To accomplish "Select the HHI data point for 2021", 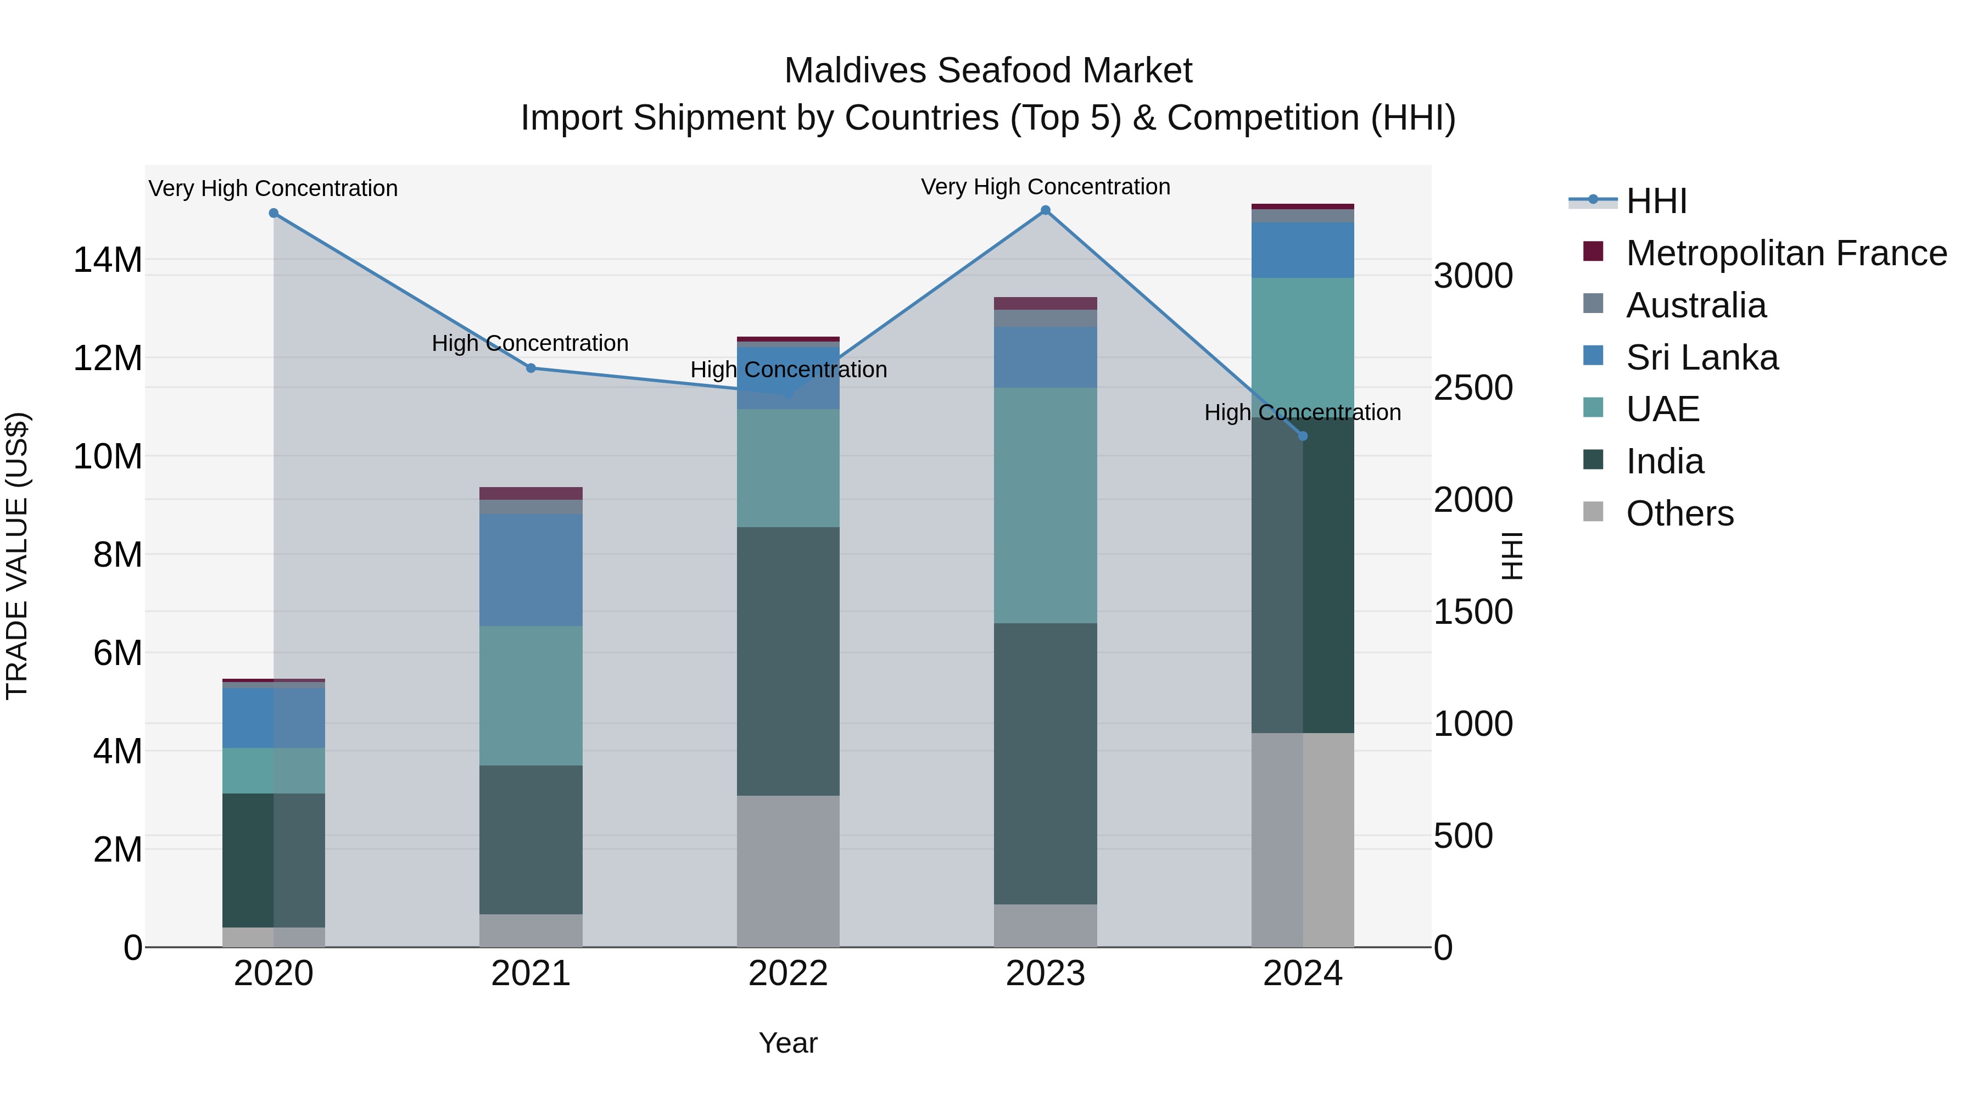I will pyautogui.click(x=531, y=368).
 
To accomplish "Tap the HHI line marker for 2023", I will pyautogui.click(x=1045, y=210).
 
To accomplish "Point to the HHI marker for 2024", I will pyautogui.click(x=1303, y=436).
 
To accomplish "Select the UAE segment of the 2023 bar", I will pyautogui.click(x=1045, y=505).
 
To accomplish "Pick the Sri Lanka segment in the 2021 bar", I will pyautogui.click(x=531, y=569).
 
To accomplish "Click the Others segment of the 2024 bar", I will pyautogui.click(x=1303, y=840).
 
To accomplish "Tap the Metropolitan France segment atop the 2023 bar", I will pyautogui.click(x=1045, y=303).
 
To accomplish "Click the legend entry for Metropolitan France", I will pyautogui.click(x=1785, y=253).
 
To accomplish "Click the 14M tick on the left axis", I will pyautogui.click(x=108, y=260).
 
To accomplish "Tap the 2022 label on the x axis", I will pyautogui.click(x=788, y=974).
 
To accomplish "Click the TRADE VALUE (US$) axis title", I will pyautogui.click(x=17, y=556).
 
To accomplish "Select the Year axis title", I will pyautogui.click(x=788, y=1043).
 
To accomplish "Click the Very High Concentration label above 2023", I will pyautogui.click(x=1045, y=187).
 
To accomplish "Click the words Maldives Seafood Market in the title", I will pyautogui.click(x=988, y=71).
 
